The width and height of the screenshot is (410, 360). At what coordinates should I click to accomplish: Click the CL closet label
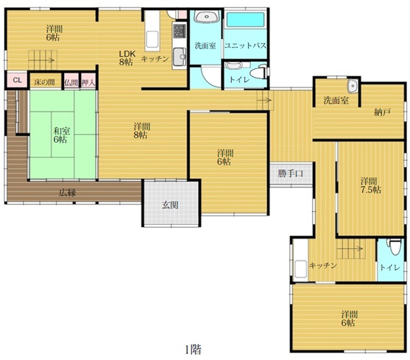17,80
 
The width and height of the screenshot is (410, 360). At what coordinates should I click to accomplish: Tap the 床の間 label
44,83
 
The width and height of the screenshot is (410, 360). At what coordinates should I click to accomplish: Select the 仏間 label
71,83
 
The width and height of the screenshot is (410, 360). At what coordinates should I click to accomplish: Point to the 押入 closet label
88,83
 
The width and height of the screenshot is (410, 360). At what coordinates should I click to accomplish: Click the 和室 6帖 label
61,134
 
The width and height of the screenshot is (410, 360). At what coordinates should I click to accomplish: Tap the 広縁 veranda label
67,193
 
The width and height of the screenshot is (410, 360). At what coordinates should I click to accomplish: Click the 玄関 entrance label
170,205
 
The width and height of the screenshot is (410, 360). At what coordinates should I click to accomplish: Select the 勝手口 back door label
290,173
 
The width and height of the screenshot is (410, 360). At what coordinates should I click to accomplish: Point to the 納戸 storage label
382,112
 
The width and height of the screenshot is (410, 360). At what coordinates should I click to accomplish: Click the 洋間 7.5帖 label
371,185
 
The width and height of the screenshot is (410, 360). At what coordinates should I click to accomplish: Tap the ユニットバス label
245,46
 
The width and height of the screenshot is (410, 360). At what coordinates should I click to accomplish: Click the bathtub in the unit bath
245,20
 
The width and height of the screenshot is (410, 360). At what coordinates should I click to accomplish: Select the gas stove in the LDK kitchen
179,31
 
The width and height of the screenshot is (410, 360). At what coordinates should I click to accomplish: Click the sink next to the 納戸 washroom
352,86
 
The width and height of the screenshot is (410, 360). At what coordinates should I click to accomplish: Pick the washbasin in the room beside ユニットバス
207,17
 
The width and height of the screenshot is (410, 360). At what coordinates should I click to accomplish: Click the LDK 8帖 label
127,58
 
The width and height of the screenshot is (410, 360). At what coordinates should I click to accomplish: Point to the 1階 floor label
193,350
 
